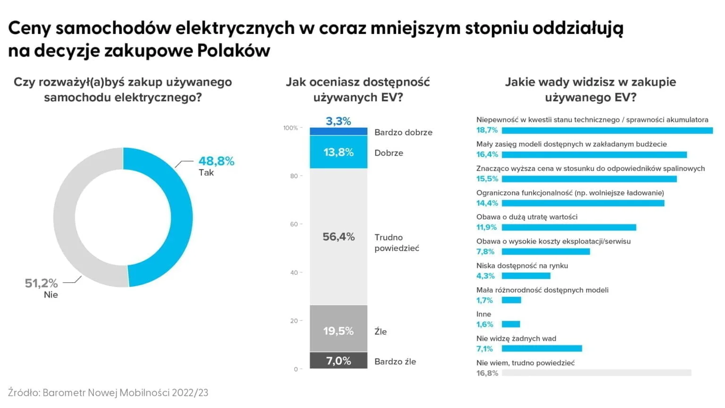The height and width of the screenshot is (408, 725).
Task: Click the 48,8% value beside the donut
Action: (216, 161)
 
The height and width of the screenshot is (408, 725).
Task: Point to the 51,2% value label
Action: (41, 283)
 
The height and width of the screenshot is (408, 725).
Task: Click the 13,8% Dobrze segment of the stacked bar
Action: (338, 152)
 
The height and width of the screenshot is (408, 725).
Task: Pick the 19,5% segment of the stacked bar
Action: (338, 331)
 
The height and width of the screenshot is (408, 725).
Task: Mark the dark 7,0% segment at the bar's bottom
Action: (338, 361)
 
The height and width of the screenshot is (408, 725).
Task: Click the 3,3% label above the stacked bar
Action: (338, 121)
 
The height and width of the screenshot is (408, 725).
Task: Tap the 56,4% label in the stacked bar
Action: (338, 237)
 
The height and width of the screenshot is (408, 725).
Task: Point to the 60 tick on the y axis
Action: (294, 224)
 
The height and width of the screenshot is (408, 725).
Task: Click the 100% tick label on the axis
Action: (290, 128)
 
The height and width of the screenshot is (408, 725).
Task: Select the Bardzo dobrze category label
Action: (403, 132)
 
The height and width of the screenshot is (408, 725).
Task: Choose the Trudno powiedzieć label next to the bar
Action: (396, 243)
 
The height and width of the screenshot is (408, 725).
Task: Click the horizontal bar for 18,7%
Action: (607, 130)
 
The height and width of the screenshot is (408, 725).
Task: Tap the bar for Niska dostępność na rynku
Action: (526, 276)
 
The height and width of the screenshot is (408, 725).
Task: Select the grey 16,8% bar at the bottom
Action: (596, 373)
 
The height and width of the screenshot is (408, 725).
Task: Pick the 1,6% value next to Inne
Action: (484, 324)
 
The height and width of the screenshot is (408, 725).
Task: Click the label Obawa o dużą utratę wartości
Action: (527, 217)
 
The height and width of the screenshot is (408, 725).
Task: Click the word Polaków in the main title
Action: (234, 50)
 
